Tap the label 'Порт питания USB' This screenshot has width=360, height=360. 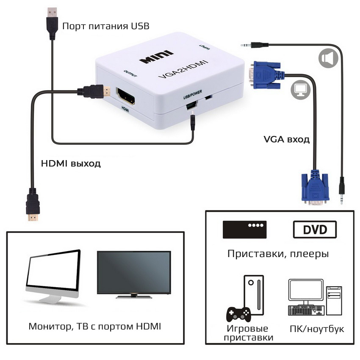tap(106, 26)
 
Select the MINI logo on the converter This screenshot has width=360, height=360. tap(156, 57)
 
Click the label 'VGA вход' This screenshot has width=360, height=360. tap(287, 139)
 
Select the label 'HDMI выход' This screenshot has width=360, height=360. tap(71, 163)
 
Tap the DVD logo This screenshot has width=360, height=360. tap(315, 230)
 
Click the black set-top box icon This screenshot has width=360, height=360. tap(244, 229)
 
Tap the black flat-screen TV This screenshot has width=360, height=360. tap(134, 274)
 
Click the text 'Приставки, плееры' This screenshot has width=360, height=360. tap(278, 254)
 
